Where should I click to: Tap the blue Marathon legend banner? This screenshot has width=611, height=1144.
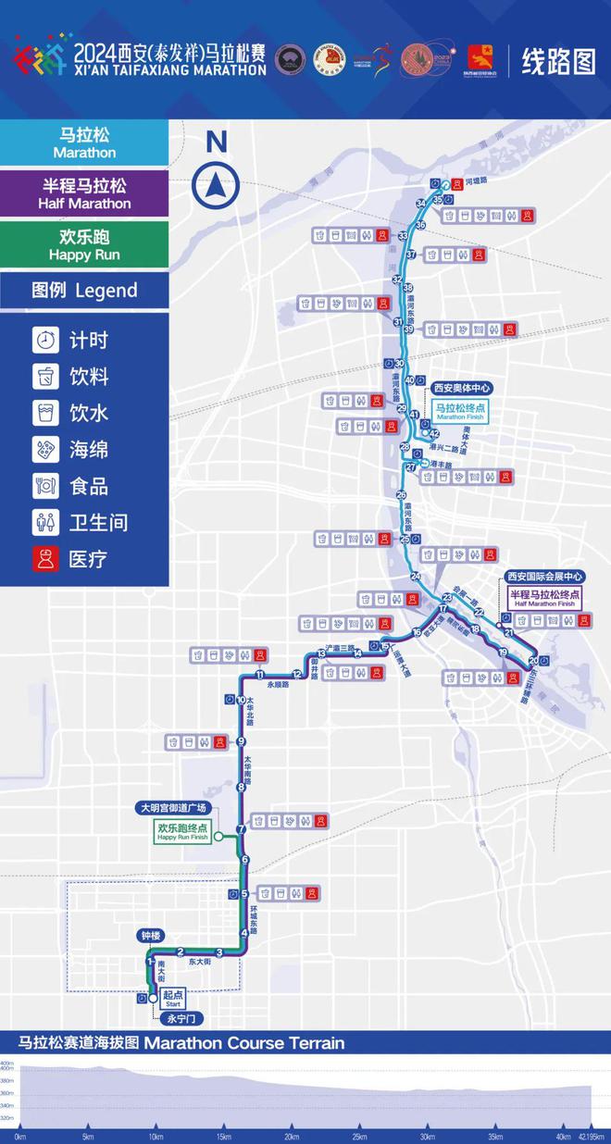click(84, 143)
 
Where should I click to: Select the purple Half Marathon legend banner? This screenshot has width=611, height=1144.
click(84, 193)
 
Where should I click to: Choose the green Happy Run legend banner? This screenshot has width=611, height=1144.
click(84, 244)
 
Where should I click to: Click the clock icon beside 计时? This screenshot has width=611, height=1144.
click(45, 341)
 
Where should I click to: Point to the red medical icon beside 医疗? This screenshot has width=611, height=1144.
click(45, 559)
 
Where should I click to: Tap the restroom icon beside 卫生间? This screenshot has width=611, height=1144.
click(45, 523)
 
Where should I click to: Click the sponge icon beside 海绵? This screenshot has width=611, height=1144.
click(45, 450)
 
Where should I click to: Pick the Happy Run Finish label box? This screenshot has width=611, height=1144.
click(181, 832)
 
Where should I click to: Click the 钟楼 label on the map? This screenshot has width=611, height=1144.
click(151, 936)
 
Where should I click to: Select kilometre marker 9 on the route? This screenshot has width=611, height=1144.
click(241, 741)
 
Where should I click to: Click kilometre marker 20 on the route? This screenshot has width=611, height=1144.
click(532, 661)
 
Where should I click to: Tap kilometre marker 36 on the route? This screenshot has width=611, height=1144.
click(420, 225)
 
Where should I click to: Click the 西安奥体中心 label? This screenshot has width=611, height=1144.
click(462, 388)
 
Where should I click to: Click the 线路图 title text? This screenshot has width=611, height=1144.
click(558, 62)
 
